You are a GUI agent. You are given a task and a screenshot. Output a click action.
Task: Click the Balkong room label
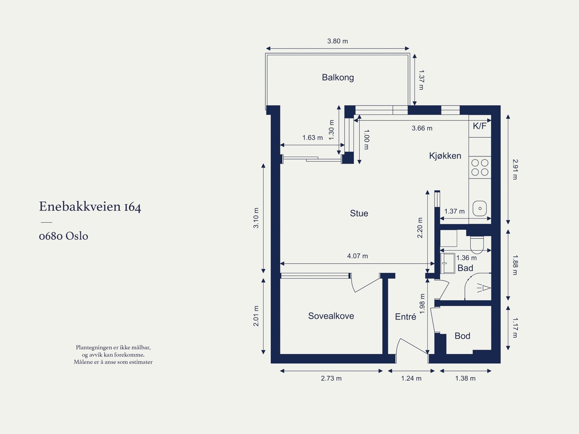[x=338, y=78]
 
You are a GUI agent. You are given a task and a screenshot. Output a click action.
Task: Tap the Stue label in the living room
[x=359, y=213]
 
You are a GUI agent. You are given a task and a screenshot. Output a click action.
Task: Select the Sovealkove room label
[x=331, y=316]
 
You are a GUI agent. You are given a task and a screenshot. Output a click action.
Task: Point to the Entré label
[x=405, y=317]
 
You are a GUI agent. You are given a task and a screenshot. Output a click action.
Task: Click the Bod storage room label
[x=462, y=336]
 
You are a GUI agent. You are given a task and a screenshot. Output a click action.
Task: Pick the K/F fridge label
[x=479, y=126]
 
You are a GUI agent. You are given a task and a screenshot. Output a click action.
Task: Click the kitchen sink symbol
[x=480, y=208]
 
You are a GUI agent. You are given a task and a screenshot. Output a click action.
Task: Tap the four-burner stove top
[x=480, y=167]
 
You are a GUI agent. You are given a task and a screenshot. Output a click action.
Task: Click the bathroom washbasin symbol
[x=448, y=263]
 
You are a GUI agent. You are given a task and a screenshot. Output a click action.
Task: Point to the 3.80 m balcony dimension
[x=337, y=41]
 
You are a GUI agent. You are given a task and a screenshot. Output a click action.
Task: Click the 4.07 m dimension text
[x=358, y=256]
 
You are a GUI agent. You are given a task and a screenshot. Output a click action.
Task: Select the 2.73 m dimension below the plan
[x=331, y=378]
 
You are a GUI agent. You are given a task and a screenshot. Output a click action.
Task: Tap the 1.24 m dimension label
[x=411, y=378]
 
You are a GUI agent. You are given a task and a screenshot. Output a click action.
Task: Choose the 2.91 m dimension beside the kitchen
[x=515, y=169]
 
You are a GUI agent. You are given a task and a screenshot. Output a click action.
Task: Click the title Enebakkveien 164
[x=90, y=207]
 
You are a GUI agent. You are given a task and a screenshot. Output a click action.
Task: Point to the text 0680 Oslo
[x=64, y=236]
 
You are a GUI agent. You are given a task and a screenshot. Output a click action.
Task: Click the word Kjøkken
[x=445, y=156]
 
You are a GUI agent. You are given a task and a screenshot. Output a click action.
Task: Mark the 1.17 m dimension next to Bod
[x=515, y=327]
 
